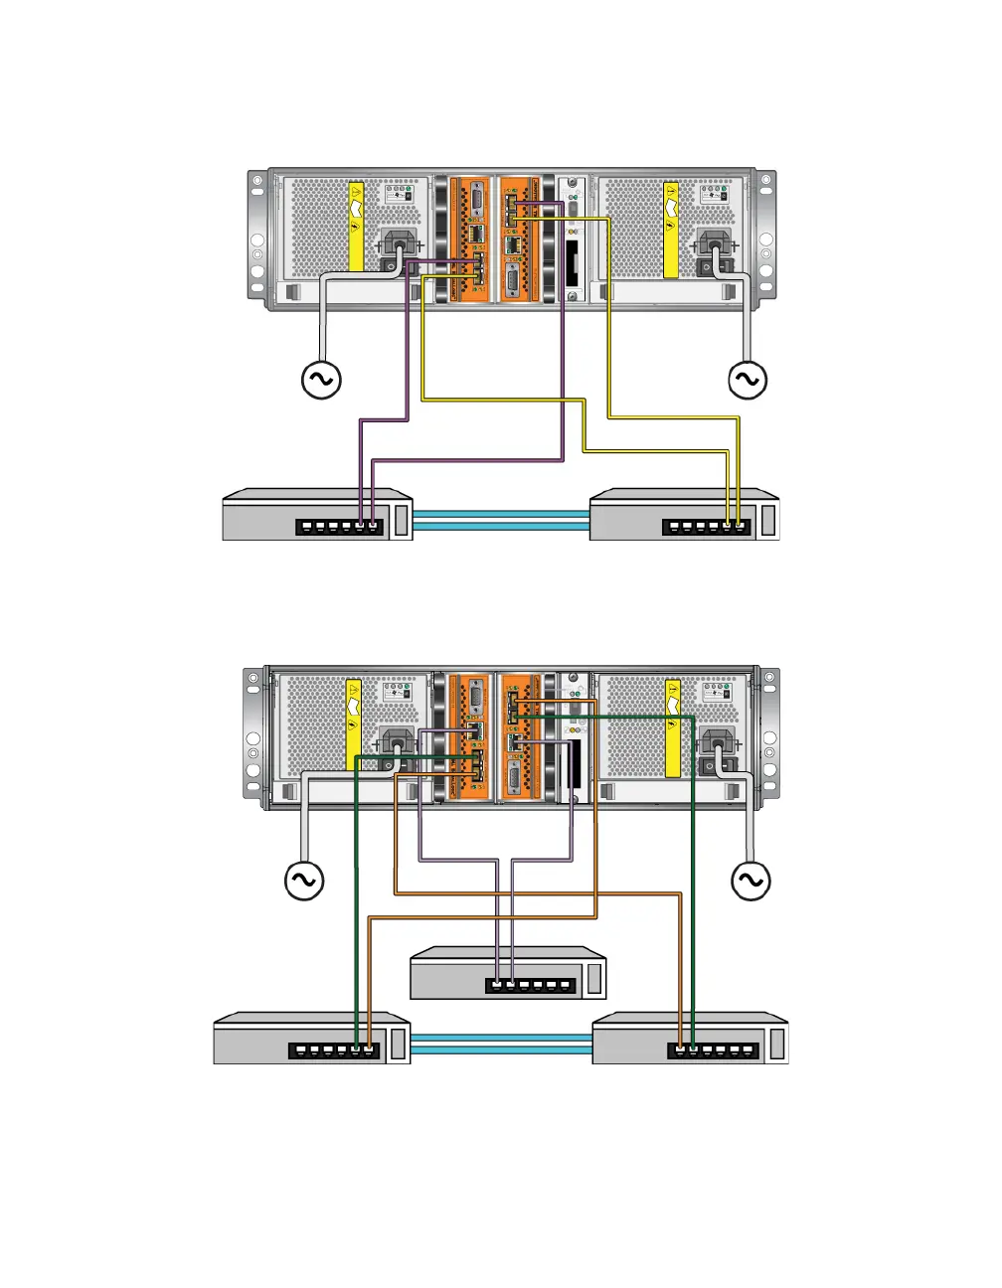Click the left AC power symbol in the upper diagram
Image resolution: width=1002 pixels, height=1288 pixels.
pyautogui.click(x=321, y=380)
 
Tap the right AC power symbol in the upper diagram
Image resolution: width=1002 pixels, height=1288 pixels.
pyautogui.click(x=748, y=380)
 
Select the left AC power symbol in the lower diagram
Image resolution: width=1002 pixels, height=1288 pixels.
pyautogui.click(x=304, y=880)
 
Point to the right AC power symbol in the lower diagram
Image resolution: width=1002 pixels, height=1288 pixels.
pyautogui.click(x=751, y=881)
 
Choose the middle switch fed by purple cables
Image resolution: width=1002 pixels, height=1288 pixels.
pyautogui.click(x=508, y=973)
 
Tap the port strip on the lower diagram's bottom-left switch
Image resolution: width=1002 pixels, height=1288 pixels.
pyautogui.click(x=333, y=1049)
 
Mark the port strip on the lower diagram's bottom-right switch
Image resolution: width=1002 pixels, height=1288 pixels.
pyautogui.click(x=712, y=1049)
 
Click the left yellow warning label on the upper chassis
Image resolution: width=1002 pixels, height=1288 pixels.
pyautogui.click(x=356, y=227)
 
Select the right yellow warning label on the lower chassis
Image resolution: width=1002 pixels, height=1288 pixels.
pyautogui.click(x=672, y=728)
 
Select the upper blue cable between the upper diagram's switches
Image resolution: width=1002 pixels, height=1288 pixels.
pyautogui.click(x=501, y=514)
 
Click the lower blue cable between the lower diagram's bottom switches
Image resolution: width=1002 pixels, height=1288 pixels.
pyautogui.click(x=501, y=1049)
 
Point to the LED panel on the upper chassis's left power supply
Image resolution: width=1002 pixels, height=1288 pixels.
pyautogui.click(x=398, y=193)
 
